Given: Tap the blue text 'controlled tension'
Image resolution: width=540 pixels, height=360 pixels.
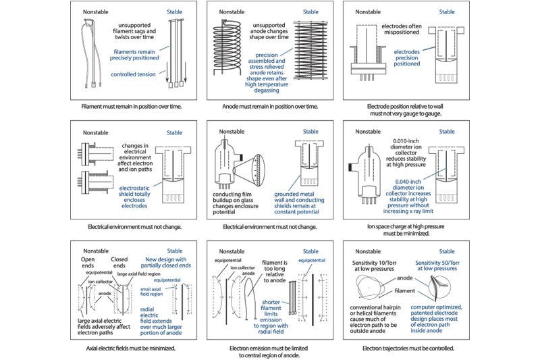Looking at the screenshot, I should (x=135, y=74).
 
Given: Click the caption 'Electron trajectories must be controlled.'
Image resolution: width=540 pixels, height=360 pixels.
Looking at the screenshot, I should (x=405, y=349).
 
